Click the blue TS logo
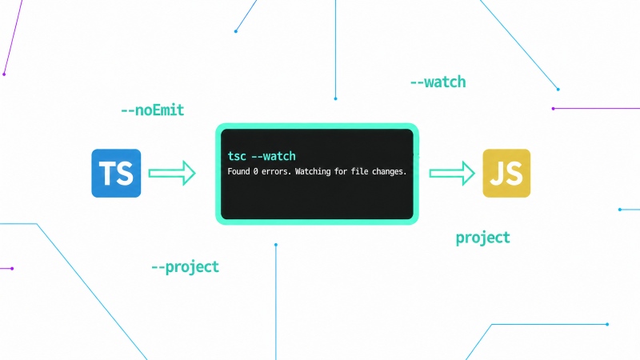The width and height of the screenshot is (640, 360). click(116, 173)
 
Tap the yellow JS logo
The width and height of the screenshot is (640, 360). click(506, 173)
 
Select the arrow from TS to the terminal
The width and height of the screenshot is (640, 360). click(172, 173)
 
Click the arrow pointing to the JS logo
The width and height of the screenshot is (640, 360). click(452, 173)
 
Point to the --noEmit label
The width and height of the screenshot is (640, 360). click(152, 110)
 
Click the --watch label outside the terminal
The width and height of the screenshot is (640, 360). click(438, 82)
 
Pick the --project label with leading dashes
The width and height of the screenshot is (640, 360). click(185, 267)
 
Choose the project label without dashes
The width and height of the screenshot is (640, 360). click(483, 238)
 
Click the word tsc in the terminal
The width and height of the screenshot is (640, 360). click(237, 156)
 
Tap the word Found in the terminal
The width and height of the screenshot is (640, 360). click(238, 171)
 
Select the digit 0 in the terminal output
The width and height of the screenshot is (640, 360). click(255, 171)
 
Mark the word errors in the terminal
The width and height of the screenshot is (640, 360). click(276, 171)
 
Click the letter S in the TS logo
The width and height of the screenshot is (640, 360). click(125, 174)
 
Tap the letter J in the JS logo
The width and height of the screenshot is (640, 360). click(497, 174)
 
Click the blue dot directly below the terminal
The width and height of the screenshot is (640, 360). click(276, 245)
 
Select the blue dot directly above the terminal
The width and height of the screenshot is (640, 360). click(335, 98)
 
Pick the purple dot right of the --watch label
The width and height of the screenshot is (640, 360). click(553, 109)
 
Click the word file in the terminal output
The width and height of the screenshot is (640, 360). click(358, 171)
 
